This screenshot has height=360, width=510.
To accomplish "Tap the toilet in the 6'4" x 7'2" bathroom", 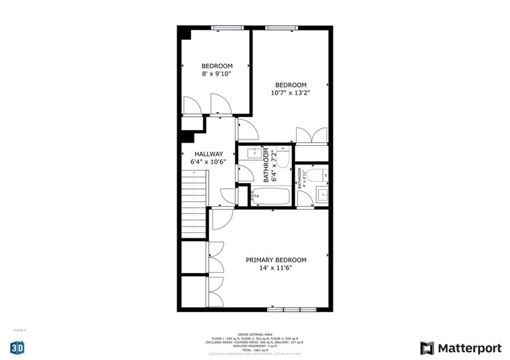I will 283,156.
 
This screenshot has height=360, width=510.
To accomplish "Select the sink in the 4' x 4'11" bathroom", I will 322,195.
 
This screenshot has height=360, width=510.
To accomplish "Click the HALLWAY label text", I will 209,154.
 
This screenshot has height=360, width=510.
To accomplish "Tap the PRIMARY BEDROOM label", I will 276,260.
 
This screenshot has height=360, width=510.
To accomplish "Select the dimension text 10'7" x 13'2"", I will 291,93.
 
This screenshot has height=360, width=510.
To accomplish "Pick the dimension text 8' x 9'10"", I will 217,74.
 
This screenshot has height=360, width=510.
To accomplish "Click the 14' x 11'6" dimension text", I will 276,268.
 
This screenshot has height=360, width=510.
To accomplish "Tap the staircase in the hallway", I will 194,204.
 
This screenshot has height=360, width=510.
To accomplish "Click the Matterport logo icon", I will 427,348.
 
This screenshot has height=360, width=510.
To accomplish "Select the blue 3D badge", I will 17,348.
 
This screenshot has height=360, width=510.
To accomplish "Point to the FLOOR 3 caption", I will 19,330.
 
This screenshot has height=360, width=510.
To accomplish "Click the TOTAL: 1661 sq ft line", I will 255,350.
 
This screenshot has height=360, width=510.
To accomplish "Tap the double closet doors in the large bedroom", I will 311,135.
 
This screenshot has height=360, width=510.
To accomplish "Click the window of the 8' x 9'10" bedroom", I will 227,28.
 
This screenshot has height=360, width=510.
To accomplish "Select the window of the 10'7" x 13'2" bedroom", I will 281,28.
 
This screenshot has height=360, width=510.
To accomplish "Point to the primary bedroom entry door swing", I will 222,219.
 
